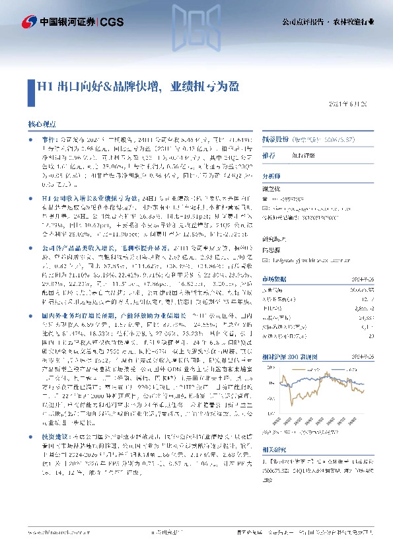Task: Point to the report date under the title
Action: pos(351,105)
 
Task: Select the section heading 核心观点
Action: pos(42,124)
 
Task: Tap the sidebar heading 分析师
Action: pos(272,176)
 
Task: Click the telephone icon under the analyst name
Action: pos(266,198)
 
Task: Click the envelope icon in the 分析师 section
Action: pos(266,207)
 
